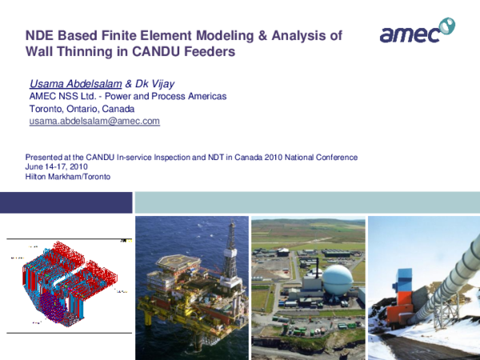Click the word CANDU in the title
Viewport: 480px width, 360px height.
[160, 53]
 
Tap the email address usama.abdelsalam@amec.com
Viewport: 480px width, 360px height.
[94, 121]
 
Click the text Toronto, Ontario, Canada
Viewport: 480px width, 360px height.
[82, 109]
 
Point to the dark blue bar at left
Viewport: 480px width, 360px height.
[64, 202]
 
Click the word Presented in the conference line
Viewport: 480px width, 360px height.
[43, 157]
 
